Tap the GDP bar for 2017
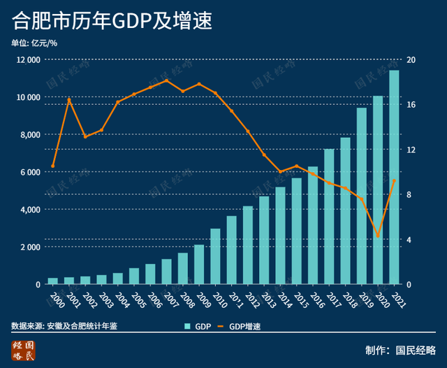(x=329, y=217)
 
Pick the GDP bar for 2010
(x=215, y=257)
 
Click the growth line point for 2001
(x=69, y=100)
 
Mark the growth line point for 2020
(x=378, y=236)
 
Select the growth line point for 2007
(x=166, y=80)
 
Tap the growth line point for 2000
(x=53, y=167)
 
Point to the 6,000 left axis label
(x=29, y=172)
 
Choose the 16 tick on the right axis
(x=411, y=105)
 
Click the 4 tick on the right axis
(x=410, y=240)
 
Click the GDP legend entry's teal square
(x=187, y=327)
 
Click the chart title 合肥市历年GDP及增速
(x=111, y=20)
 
